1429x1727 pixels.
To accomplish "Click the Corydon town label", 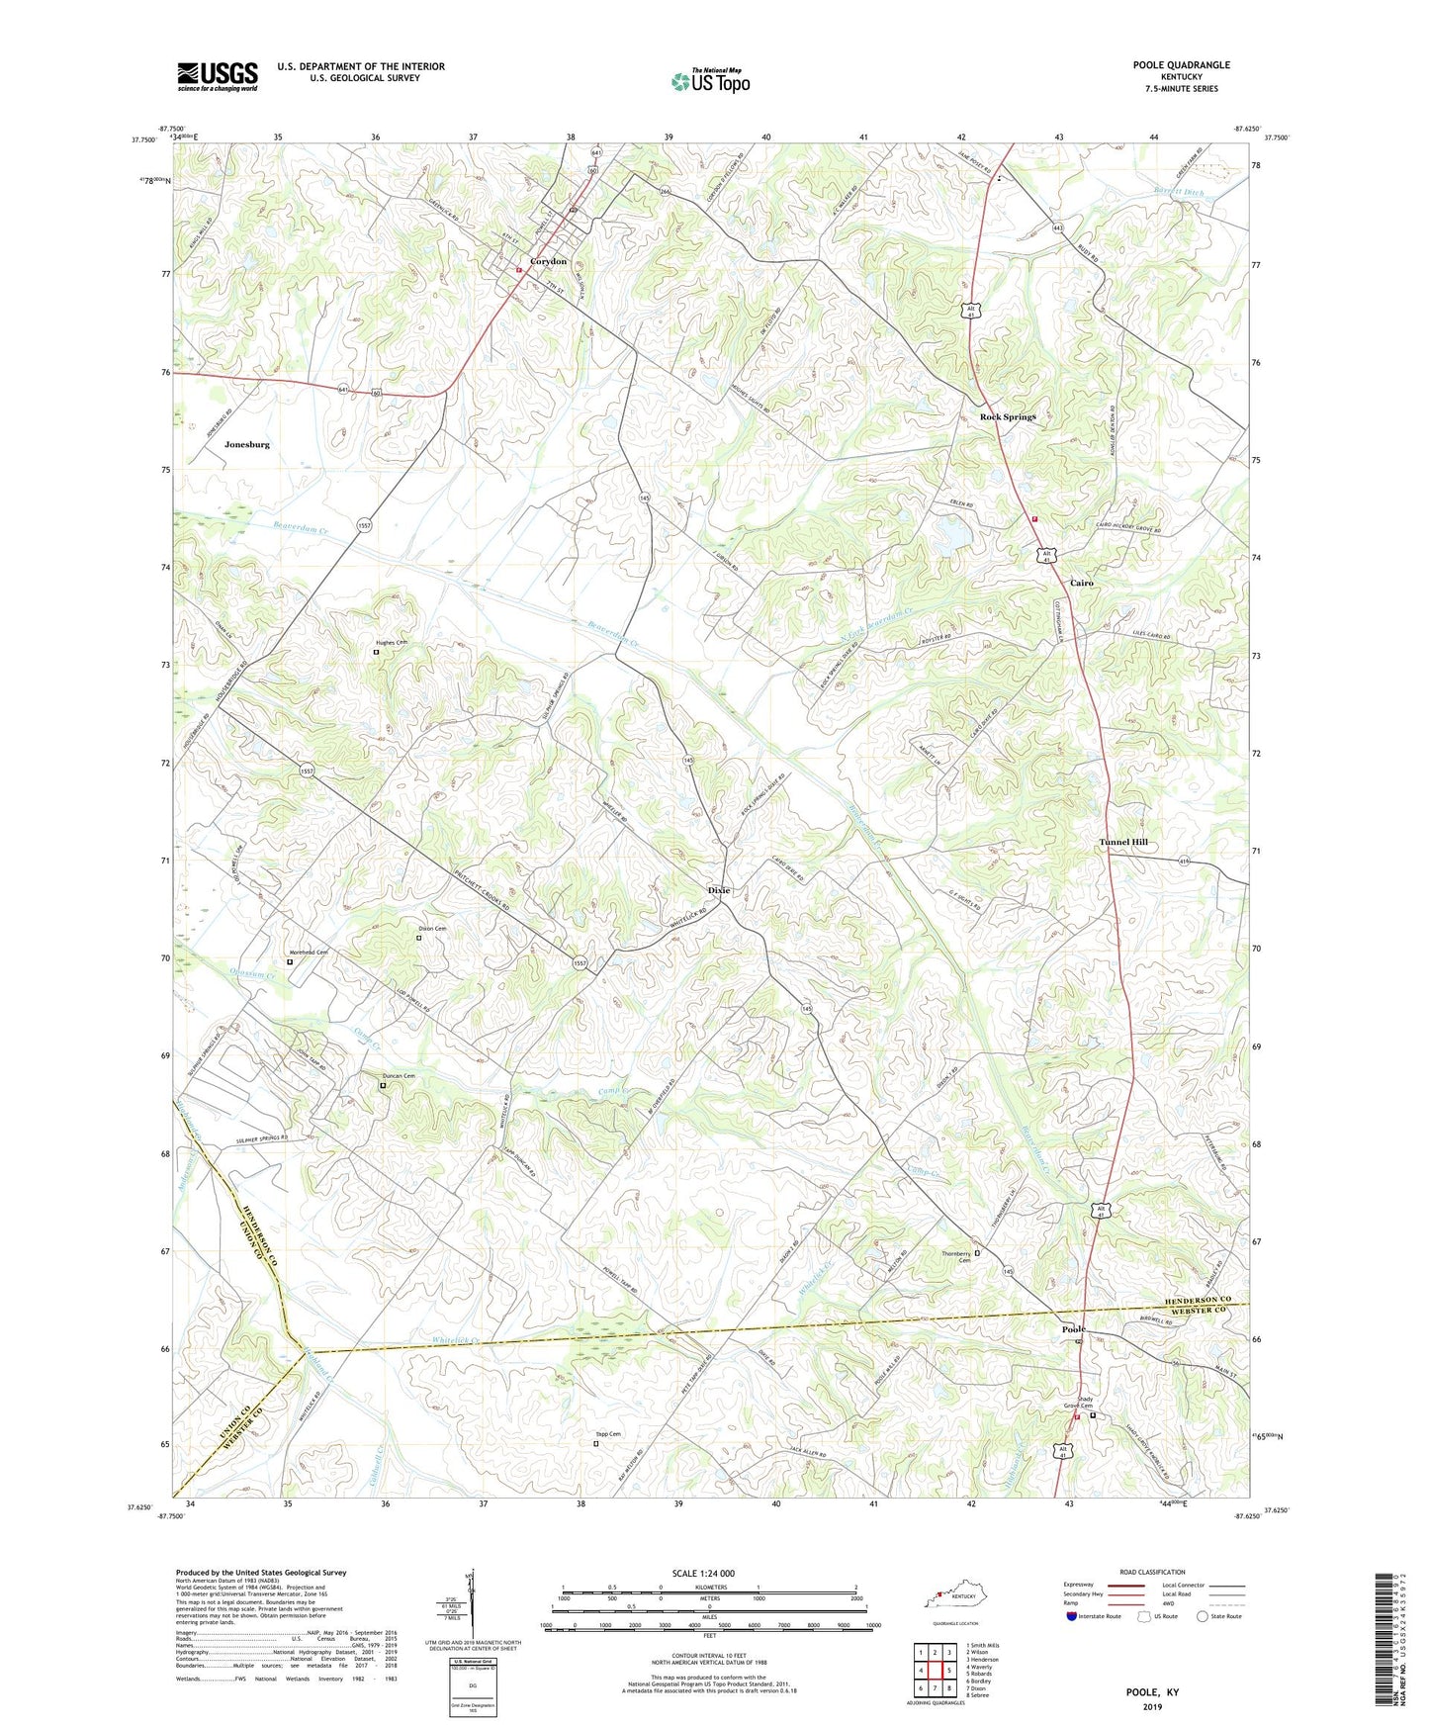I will (548, 261).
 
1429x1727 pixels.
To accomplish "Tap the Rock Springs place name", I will (1008, 417).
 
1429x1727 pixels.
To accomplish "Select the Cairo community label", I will (1082, 584).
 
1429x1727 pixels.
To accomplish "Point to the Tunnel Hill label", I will (1123, 842).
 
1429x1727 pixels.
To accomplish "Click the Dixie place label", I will (719, 890).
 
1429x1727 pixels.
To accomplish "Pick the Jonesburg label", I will (246, 445).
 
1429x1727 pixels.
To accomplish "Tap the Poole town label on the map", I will (1073, 1328).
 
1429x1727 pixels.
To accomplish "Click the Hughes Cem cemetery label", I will (390, 643).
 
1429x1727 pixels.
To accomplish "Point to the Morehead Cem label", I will (308, 953).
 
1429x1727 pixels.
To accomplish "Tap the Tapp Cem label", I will (607, 1434).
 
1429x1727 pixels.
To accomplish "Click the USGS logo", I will (218, 76).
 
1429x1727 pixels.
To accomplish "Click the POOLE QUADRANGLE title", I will (1181, 65).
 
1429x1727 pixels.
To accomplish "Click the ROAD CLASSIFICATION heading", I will (1153, 1572).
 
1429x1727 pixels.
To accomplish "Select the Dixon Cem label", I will (432, 929).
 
